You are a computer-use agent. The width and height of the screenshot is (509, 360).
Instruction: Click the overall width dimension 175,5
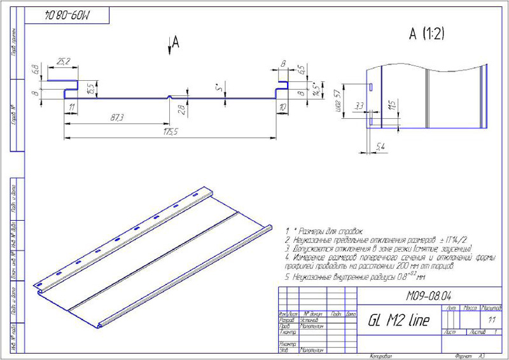[170, 132]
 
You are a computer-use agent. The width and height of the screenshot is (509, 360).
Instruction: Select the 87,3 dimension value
[116, 118]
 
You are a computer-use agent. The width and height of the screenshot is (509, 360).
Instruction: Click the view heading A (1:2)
[426, 34]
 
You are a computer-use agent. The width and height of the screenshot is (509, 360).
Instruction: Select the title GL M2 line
[398, 321]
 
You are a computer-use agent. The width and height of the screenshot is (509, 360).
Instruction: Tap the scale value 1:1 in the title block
[491, 320]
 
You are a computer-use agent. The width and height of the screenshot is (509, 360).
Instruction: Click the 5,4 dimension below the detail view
[381, 147]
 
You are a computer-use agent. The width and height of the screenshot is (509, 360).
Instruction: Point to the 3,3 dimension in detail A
[359, 105]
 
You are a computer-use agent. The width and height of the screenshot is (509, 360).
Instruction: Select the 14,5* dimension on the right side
[316, 87]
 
